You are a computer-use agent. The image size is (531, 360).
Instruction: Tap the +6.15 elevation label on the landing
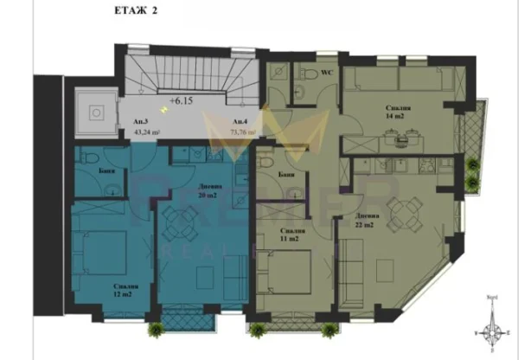tap(182, 100)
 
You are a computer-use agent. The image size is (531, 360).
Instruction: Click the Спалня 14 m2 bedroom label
tap(398, 112)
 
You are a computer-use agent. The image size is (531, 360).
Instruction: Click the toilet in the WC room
tap(304, 86)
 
